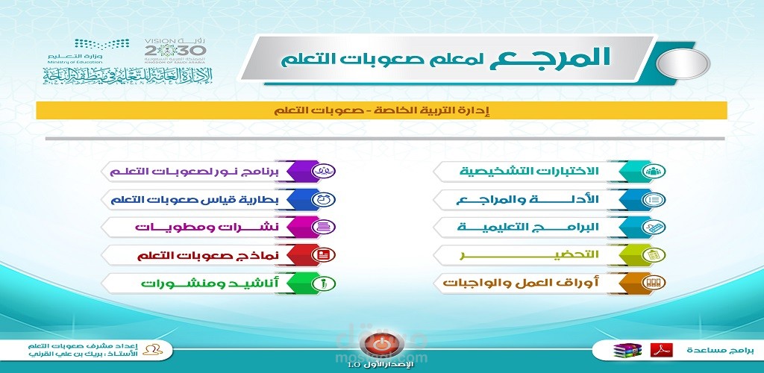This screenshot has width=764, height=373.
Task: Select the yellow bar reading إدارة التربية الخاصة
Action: (381, 110)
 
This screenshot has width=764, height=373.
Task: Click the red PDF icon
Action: (661, 349)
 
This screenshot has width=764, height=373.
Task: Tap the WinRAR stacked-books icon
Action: (623, 350)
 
